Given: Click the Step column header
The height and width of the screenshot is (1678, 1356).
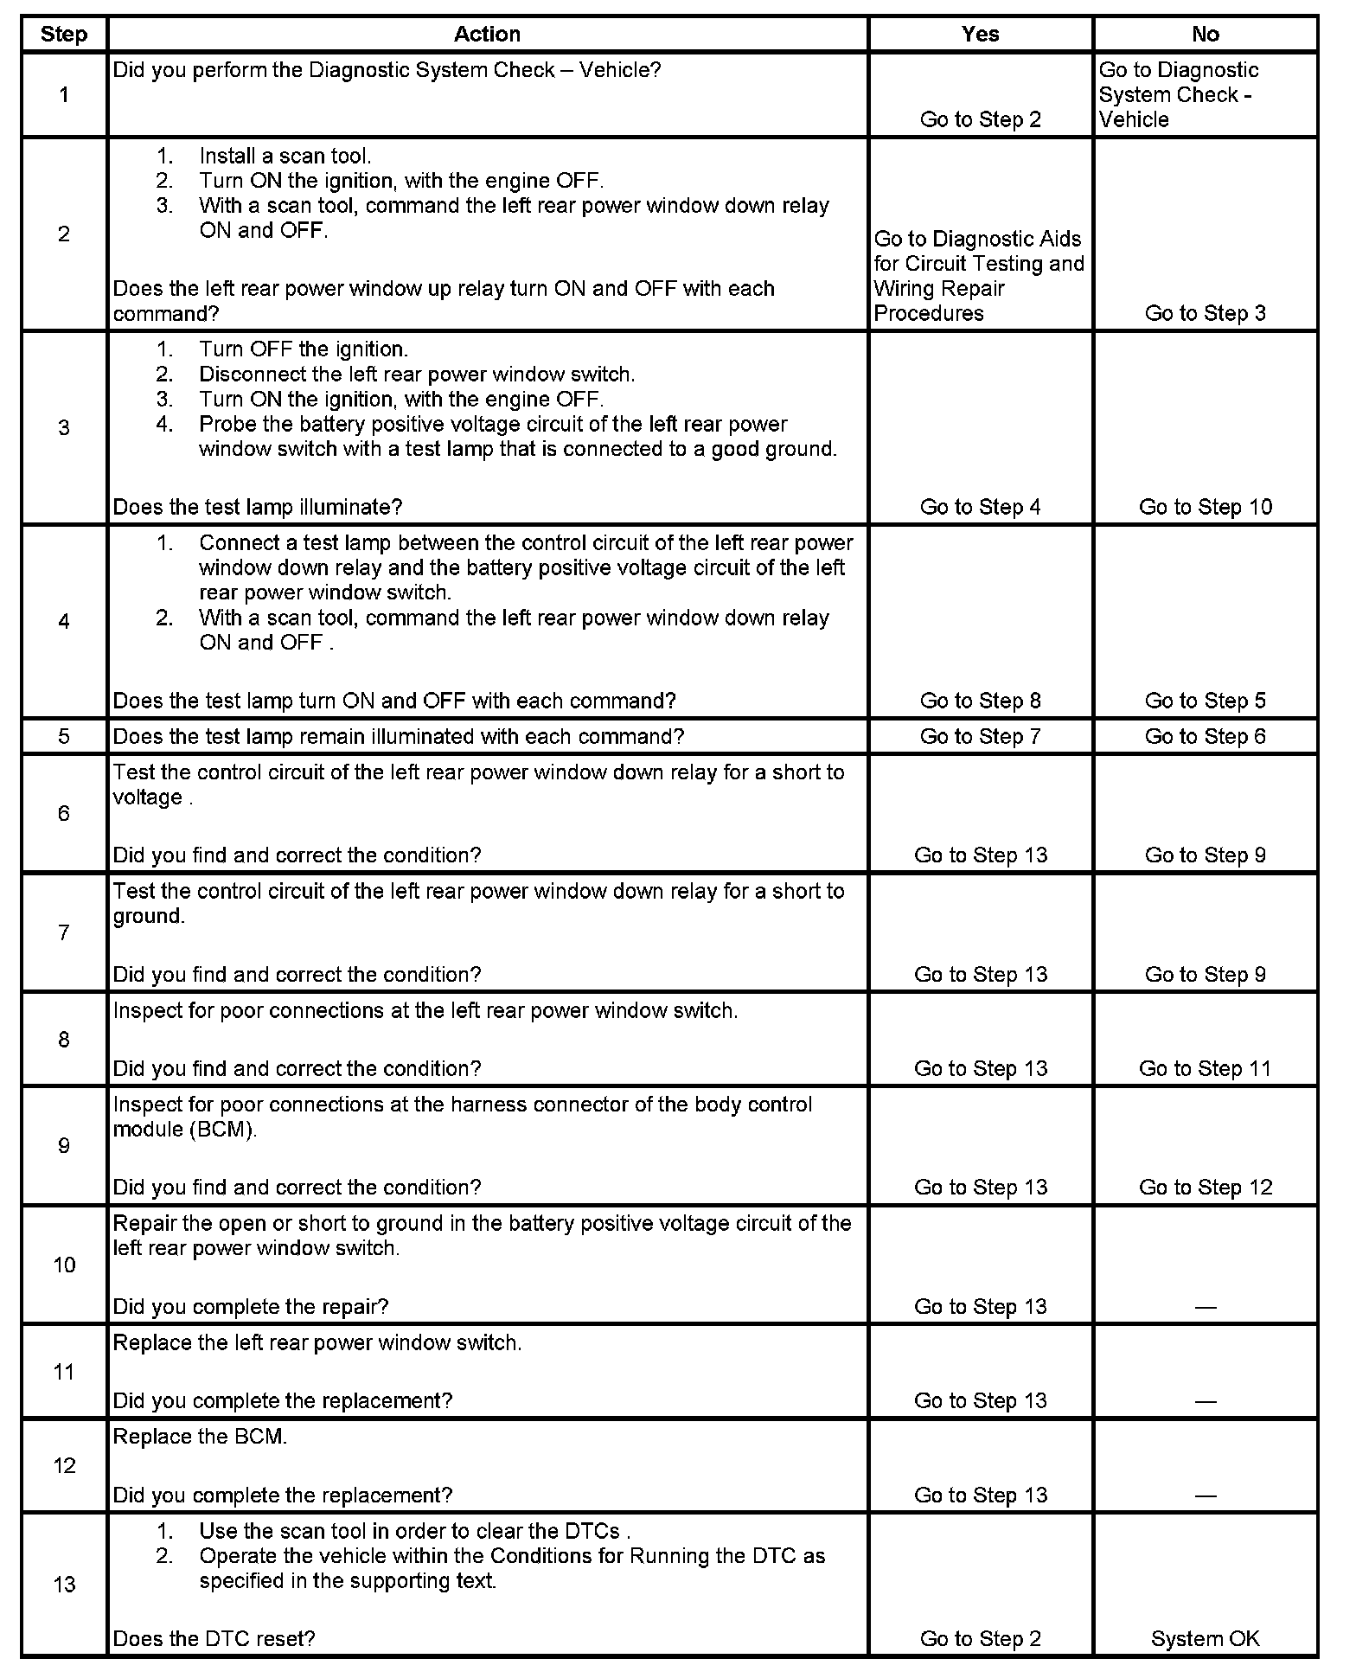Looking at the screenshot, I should [64, 35].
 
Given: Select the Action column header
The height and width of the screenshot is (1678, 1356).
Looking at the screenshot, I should [487, 35].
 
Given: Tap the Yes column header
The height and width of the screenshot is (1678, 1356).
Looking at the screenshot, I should [980, 35].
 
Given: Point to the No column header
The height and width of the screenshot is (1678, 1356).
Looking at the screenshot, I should [1205, 35].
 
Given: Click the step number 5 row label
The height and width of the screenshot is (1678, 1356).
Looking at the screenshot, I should [64, 736].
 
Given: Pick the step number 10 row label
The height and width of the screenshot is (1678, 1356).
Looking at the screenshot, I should [64, 1265].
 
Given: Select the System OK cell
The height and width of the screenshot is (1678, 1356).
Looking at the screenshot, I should [1205, 1638].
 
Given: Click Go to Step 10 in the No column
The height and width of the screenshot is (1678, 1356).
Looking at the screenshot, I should [1205, 507].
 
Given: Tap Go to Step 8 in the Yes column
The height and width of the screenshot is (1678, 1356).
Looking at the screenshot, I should [980, 701].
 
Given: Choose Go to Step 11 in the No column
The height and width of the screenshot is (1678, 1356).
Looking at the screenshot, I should [1205, 1068].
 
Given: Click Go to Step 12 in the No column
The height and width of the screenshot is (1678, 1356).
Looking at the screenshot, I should [1205, 1187].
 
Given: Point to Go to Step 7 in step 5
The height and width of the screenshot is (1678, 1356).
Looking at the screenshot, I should [980, 736].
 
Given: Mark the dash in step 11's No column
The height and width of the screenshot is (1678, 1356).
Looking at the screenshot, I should [1205, 1401].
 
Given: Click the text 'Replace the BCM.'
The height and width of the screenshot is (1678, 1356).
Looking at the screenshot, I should [200, 1437].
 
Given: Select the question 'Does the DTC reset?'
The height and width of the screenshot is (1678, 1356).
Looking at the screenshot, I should [214, 1638].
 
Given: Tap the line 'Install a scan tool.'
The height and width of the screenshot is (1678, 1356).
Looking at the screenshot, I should [285, 157].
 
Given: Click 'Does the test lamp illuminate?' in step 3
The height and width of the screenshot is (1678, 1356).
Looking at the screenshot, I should [258, 507].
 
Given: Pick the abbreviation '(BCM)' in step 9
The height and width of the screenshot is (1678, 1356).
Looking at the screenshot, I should [222, 1130].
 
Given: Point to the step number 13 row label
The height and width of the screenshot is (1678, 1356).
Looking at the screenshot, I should [64, 1584].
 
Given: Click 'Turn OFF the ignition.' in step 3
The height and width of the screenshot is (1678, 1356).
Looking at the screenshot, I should [303, 349].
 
